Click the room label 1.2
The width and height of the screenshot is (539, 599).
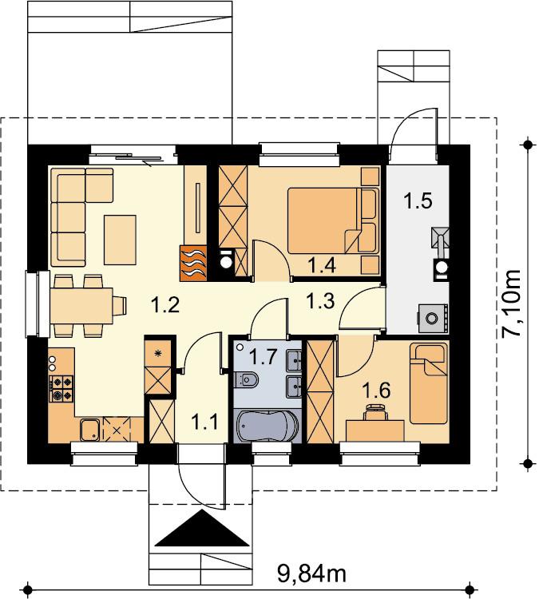coord(165,305)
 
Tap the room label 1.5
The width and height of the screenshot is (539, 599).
coord(418,201)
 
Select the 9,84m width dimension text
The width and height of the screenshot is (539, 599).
coord(311,573)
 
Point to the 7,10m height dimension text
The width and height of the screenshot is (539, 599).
coord(510,303)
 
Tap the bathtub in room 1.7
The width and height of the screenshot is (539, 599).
coord(268,426)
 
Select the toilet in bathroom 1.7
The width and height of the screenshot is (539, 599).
coord(246,379)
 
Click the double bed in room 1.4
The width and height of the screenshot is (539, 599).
coord(333,220)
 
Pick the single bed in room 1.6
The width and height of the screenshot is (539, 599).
coord(428,383)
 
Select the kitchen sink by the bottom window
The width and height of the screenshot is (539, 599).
coord(90,430)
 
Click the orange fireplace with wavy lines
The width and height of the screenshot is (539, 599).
coord(194,263)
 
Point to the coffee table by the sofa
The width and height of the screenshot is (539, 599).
coord(120,240)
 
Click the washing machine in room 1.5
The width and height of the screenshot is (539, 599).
coord(434,318)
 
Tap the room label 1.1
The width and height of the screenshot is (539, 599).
coord(204,422)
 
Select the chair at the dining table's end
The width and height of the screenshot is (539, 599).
coord(119,306)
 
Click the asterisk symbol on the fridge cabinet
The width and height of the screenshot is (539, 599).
coord(158,352)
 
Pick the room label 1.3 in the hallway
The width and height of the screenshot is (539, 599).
coord(320,300)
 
